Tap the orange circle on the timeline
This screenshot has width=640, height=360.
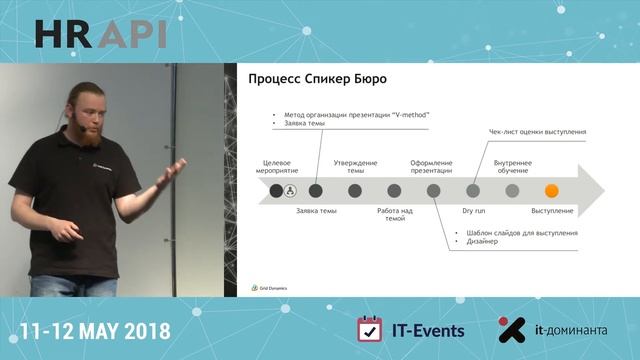point(550,190)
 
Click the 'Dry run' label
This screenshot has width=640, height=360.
point(472,212)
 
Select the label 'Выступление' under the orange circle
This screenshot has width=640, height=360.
point(552,212)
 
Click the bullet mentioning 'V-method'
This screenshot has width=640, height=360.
point(357,115)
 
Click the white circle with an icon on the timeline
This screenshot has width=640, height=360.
point(291,190)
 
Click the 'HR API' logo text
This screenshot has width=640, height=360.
point(100,33)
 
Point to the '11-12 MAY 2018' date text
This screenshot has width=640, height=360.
point(95,331)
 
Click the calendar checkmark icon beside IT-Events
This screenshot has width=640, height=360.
point(370,330)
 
